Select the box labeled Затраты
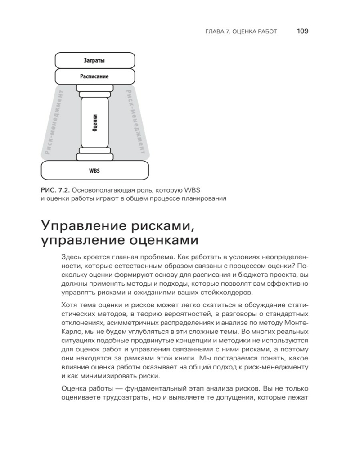click(x=94, y=60)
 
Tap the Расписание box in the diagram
click(x=94, y=76)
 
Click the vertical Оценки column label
click(x=94, y=121)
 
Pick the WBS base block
click(x=94, y=171)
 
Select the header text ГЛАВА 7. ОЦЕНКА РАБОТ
click(x=240, y=31)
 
